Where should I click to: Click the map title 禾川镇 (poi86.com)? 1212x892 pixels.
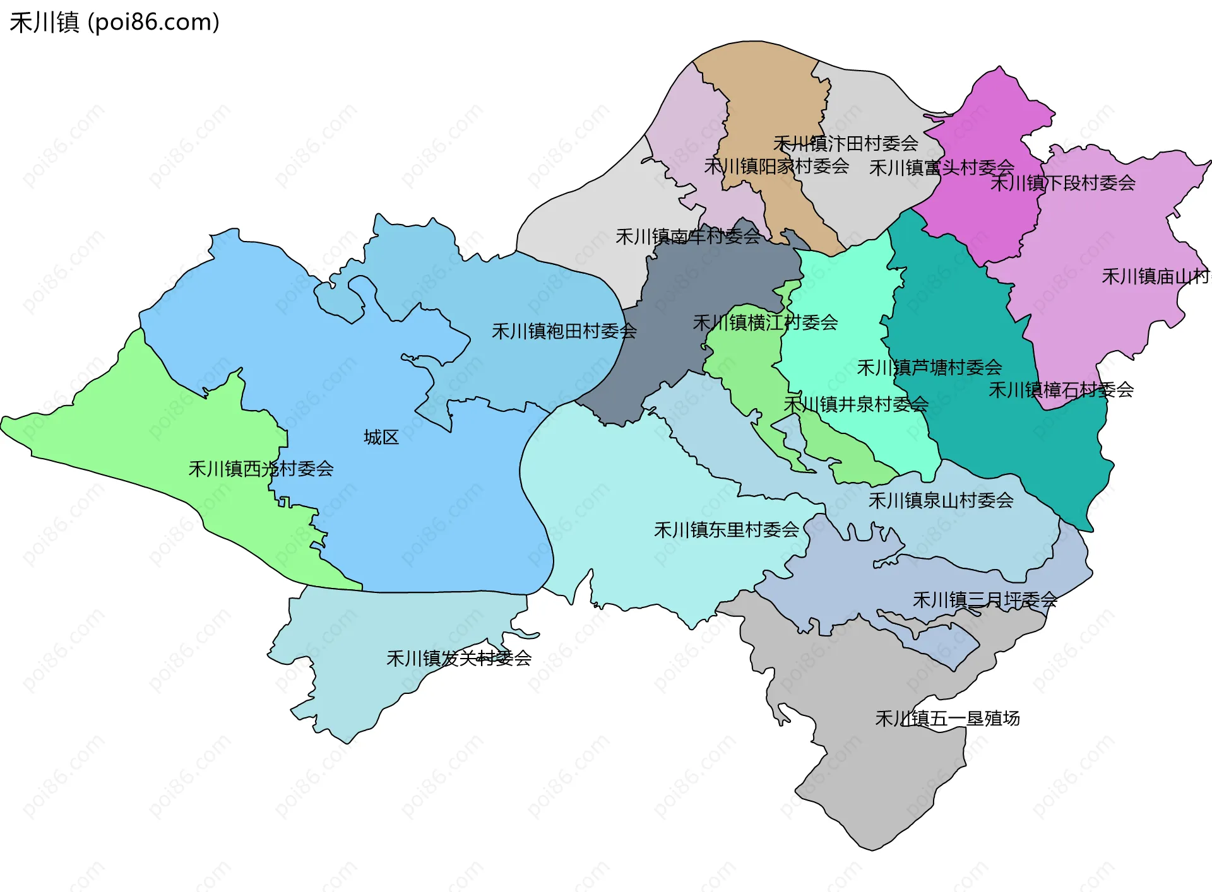tap(114, 22)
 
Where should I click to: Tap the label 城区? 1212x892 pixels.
tap(381, 437)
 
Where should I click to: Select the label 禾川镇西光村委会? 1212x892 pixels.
tap(261, 469)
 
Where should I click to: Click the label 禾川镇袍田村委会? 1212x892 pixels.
tap(564, 331)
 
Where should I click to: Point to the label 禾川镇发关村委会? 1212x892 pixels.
tap(459, 659)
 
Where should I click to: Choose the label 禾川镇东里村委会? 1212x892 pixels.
tap(727, 530)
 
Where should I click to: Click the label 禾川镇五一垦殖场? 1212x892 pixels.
tap(948, 719)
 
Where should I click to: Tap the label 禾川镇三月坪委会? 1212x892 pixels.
tap(985, 600)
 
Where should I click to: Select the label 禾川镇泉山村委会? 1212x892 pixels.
tap(941, 501)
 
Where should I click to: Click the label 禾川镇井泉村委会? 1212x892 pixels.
tap(856, 404)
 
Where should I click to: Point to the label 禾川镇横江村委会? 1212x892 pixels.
tap(765, 323)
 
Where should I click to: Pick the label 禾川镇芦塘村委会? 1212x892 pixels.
tap(929, 368)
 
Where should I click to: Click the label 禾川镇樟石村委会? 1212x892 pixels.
tap(1060, 390)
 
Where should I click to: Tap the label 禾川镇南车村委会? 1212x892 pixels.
tap(688, 237)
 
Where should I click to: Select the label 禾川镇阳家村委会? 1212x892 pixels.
tap(776, 167)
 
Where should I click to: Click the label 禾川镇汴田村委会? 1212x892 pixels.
tap(845, 144)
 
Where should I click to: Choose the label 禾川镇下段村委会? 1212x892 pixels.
tap(1062, 183)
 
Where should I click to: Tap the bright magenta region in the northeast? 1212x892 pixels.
tap(991, 126)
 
